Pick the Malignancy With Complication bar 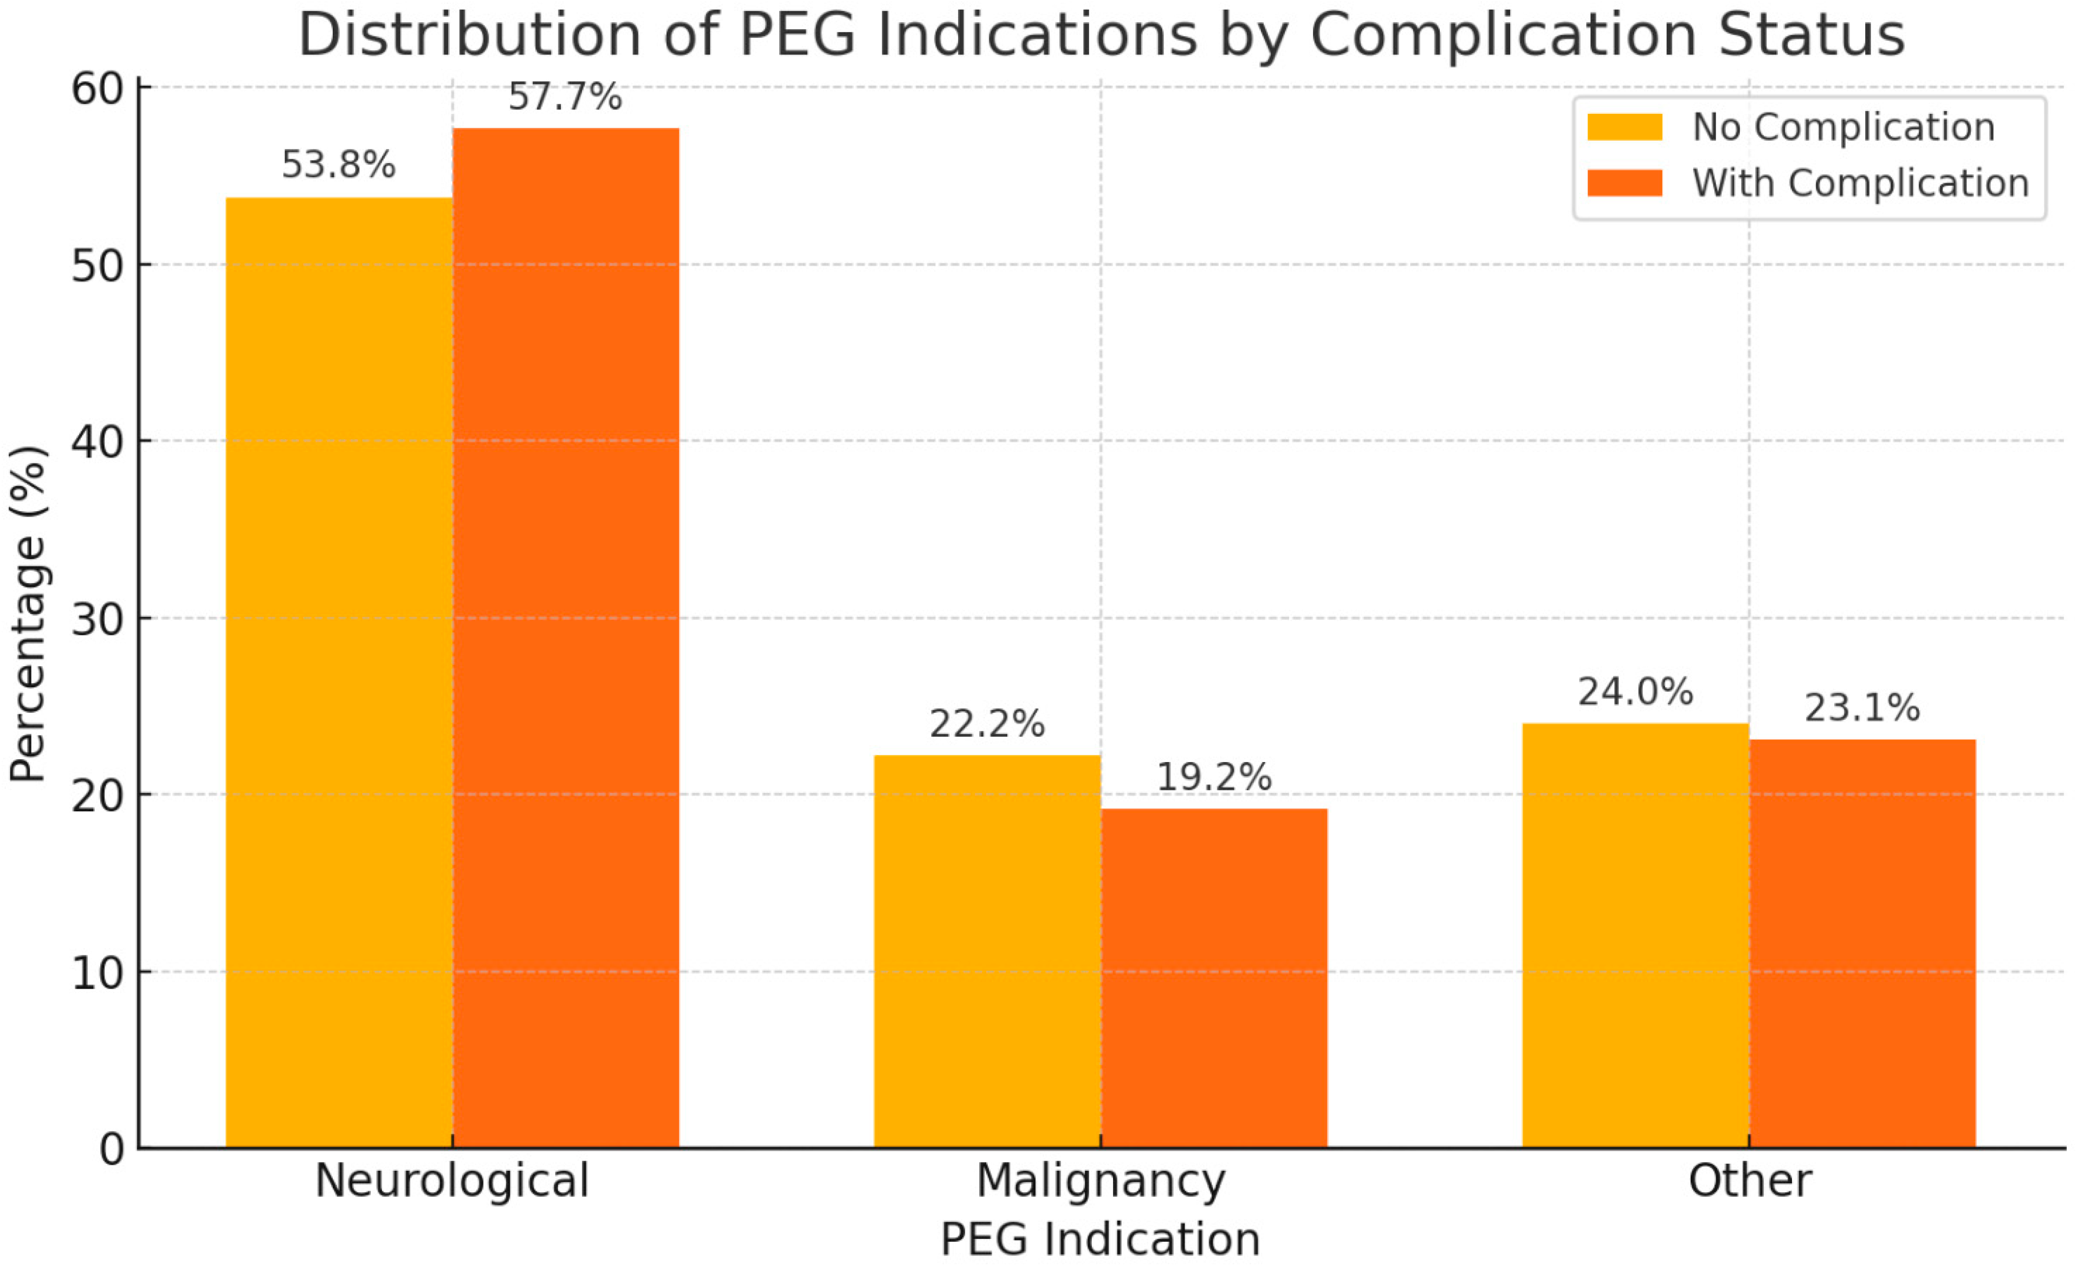[1214, 978]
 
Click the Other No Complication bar [1635, 935]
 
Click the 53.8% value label [338, 165]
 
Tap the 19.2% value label [1214, 778]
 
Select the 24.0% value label [1635, 692]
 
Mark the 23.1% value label [1862, 708]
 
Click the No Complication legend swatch [1625, 127]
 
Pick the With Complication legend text [1860, 183]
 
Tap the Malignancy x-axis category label [1101, 1180]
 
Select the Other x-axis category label [1749, 1180]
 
